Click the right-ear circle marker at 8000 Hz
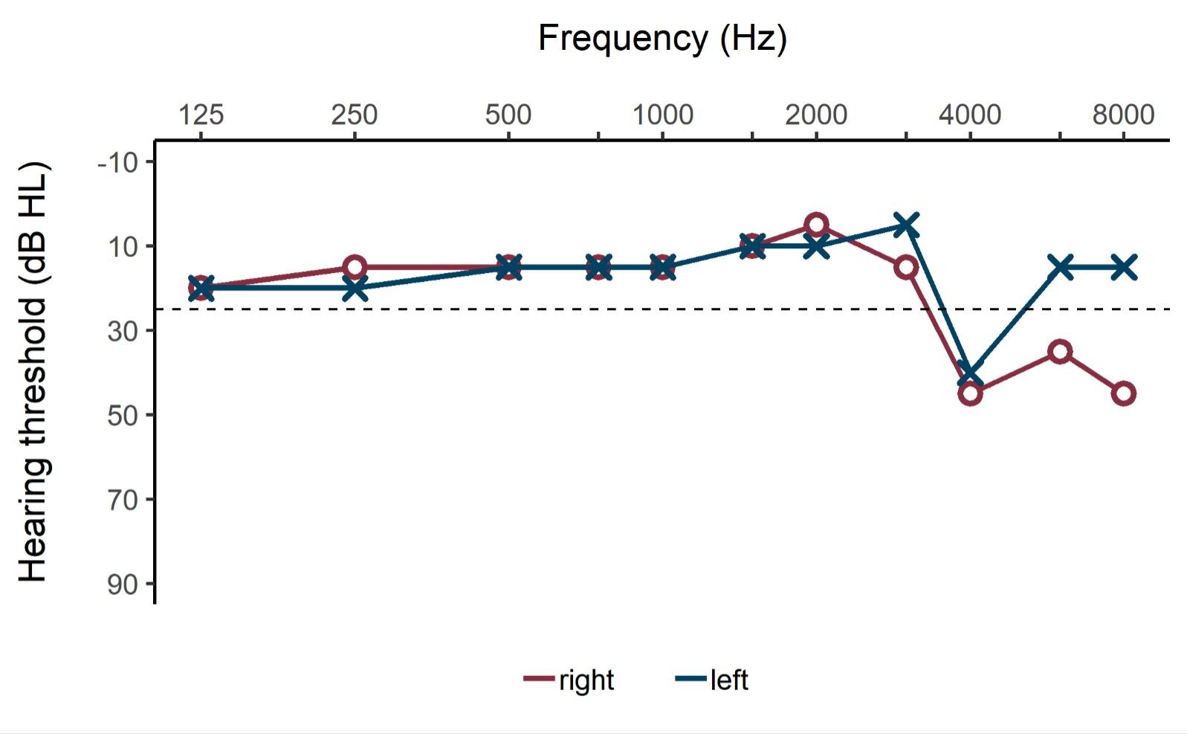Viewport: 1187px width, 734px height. tap(1123, 393)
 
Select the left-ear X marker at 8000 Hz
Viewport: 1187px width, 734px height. tap(1123, 267)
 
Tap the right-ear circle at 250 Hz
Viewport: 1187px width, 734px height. tap(355, 267)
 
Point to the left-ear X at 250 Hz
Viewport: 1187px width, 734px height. tap(355, 289)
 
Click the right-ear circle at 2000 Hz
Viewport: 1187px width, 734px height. tap(816, 225)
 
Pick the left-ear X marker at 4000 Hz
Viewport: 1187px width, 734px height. tap(970, 373)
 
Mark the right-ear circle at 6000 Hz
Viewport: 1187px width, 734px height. tap(1060, 351)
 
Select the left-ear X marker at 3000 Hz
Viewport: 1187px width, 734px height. tap(906, 225)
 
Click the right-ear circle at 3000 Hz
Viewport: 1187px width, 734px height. tap(906, 267)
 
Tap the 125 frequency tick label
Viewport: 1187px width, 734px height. tap(201, 115)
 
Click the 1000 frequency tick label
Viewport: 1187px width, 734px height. tap(662, 115)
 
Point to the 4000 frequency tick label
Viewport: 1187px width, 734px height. tap(970, 115)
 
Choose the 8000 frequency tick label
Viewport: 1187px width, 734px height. tap(1123, 115)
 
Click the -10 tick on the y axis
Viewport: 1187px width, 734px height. tap(118, 162)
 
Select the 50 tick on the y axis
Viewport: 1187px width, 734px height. tap(123, 415)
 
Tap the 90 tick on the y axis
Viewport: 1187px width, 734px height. tap(123, 585)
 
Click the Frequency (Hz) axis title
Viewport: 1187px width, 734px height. tap(662, 37)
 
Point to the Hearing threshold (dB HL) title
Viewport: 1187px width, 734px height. tap(33, 372)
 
